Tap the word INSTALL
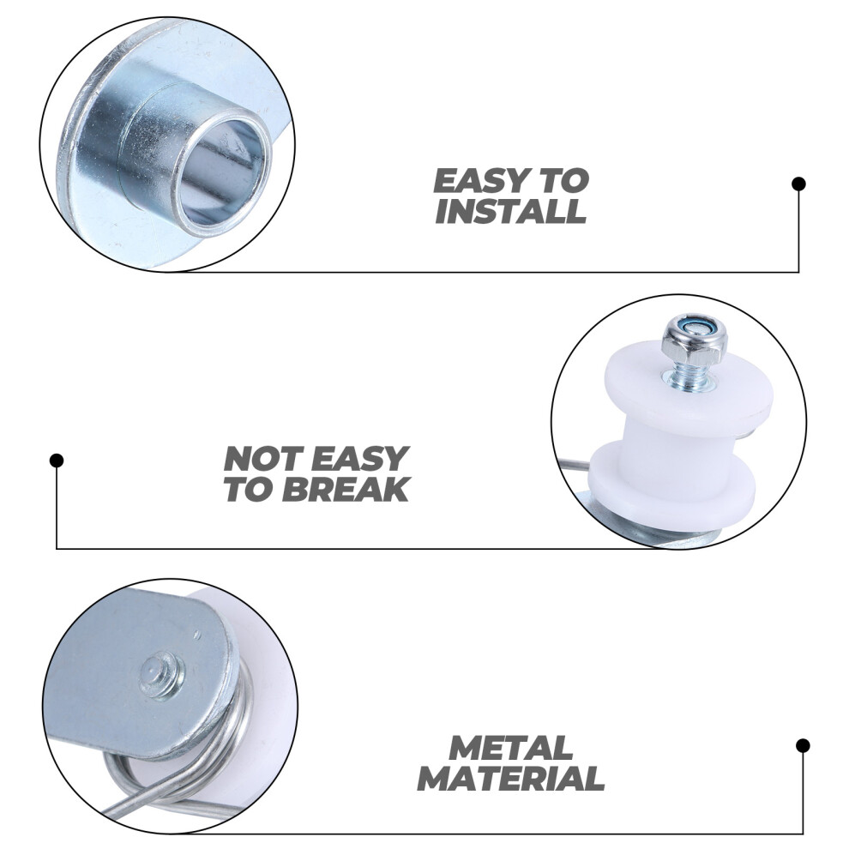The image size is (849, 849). [x=510, y=211]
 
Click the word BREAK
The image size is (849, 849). [x=346, y=489]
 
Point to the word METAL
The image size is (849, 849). [x=510, y=748]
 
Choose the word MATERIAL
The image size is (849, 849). [x=510, y=778]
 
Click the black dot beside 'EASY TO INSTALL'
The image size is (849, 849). [x=798, y=184]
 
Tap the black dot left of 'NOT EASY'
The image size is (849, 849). [x=57, y=461]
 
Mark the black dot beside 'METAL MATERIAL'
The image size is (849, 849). [x=803, y=745]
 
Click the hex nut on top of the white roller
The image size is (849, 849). [x=694, y=340]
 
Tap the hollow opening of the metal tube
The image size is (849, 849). [x=223, y=172]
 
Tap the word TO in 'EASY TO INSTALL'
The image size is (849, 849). [x=563, y=181]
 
